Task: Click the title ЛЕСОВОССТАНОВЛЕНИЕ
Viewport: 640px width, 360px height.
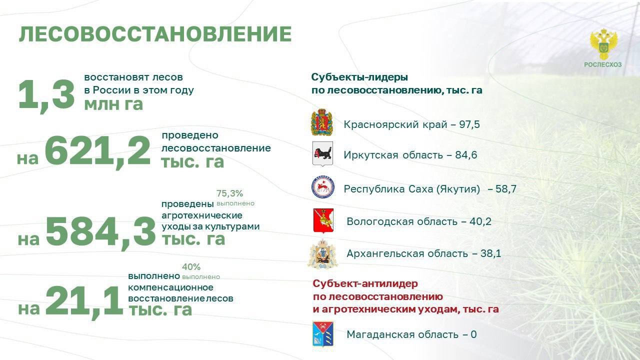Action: point(155,34)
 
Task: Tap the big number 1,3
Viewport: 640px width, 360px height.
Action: point(46,94)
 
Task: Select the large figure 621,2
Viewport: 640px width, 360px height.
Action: point(97,151)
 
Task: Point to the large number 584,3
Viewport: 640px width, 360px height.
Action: point(100,231)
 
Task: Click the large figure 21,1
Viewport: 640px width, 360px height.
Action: point(84,301)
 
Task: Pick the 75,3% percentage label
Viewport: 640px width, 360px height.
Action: point(229,193)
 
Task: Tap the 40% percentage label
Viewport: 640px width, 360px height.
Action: point(191,267)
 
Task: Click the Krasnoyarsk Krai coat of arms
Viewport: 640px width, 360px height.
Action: point(322,122)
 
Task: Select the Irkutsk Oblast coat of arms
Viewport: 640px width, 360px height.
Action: point(322,154)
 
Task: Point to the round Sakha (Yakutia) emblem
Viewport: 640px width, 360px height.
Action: point(323,187)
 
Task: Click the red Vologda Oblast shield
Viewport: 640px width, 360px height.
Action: point(323,220)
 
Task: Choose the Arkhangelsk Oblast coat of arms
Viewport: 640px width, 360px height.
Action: point(323,254)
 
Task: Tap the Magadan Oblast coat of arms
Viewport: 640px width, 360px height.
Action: point(323,334)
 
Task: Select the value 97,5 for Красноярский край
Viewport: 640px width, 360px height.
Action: point(469,124)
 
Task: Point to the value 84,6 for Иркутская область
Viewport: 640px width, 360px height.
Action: point(466,155)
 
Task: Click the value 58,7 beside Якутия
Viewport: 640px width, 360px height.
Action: point(506,189)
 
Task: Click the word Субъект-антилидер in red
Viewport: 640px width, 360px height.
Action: point(365,283)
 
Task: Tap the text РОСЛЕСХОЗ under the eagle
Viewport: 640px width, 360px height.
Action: point(603,65)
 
